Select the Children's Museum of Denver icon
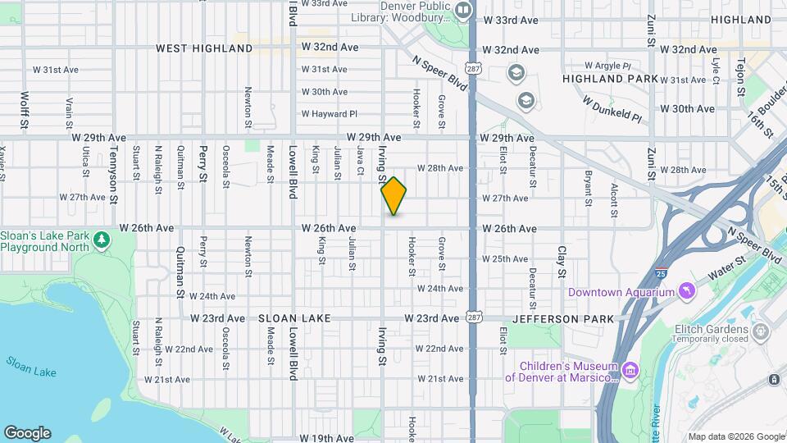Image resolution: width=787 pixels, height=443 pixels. (630, 371)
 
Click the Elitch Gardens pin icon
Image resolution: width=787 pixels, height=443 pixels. (761, 331)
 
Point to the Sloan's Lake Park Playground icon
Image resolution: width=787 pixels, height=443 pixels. (101, 240)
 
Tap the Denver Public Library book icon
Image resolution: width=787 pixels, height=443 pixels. (463, 10)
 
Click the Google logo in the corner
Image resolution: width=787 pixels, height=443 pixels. (27, 433)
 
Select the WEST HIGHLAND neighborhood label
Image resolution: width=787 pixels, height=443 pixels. (204, 48)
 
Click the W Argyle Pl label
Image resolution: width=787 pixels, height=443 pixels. (607, 65)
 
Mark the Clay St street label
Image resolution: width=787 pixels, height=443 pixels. (562, 261)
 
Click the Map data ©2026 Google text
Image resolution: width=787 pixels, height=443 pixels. (736, 436)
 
